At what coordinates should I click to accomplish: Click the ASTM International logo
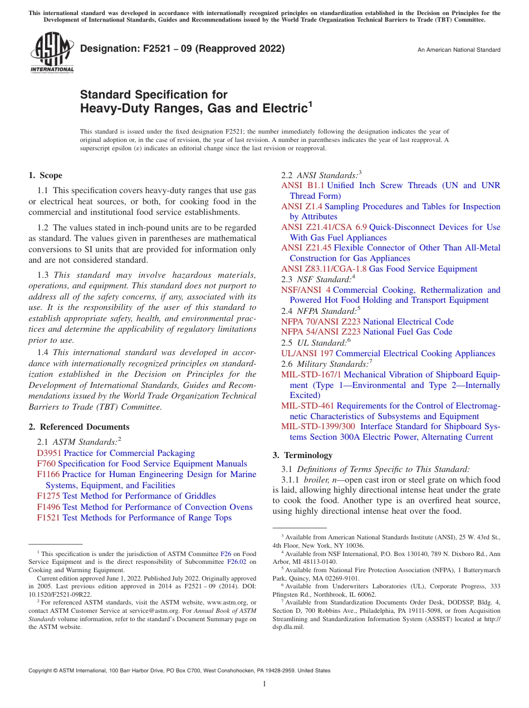pos(52,53)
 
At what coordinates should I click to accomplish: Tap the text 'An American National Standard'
pos(459,50)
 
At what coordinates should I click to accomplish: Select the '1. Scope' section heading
pos(45,175)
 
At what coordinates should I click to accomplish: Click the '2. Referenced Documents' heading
pos(79,427)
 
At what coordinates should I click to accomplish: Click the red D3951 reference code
pos(49,453)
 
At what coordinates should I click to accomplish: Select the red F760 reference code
pos(46,464)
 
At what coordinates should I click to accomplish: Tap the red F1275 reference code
pos(48,496)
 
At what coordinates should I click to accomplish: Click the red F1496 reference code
pos(48,507)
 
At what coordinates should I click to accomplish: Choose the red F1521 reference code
pos(48,518)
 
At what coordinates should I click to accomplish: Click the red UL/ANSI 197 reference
pos(307,353)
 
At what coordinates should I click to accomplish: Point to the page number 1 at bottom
pos(264,684)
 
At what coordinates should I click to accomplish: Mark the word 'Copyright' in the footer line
pos(41,671)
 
